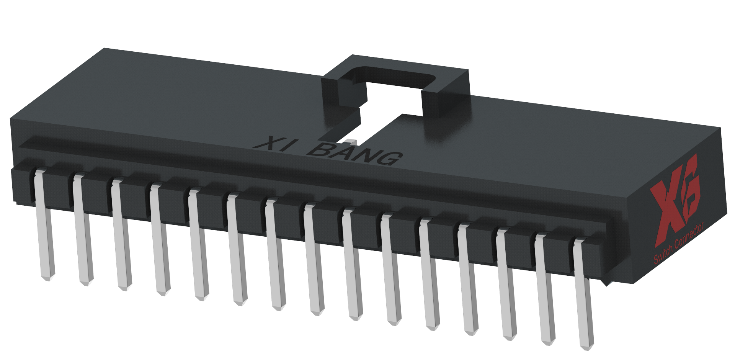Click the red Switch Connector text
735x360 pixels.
pyautogui.click(x=679, y=245)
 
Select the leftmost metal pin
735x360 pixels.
pyautogui.click(x=43, y=226)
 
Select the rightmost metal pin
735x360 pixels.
pyautogui.click(x=583, y=295)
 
